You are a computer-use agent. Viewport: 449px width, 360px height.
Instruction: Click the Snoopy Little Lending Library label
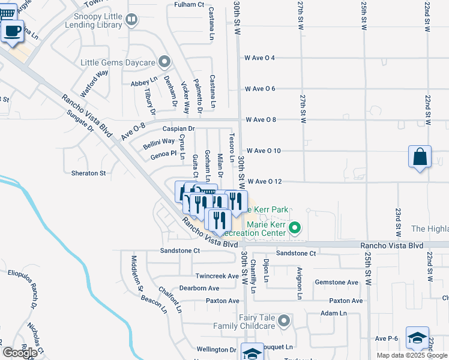[x=96, y=22]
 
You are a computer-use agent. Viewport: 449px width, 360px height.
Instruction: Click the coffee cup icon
[x=13, y=31]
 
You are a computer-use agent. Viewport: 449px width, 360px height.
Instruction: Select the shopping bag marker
[x=421, y=157]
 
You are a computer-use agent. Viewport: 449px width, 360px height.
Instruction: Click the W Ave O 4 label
[x=260, y=58]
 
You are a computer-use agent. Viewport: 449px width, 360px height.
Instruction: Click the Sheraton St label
[x=89, y=173]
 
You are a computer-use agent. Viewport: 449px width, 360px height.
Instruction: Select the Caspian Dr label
[x=179, y=128]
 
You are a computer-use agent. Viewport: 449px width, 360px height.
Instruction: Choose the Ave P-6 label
[x=387, y=338]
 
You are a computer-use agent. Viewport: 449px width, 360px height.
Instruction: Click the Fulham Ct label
[x=188, y=4]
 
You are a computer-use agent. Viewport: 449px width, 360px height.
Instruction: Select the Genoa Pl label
[x=164, y=154]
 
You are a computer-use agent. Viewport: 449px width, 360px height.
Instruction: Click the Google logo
[x=20, y=353]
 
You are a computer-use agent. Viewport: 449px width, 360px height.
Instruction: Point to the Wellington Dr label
[x=216, y=349]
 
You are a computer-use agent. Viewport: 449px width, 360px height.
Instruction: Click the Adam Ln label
[x=334, y=313]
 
